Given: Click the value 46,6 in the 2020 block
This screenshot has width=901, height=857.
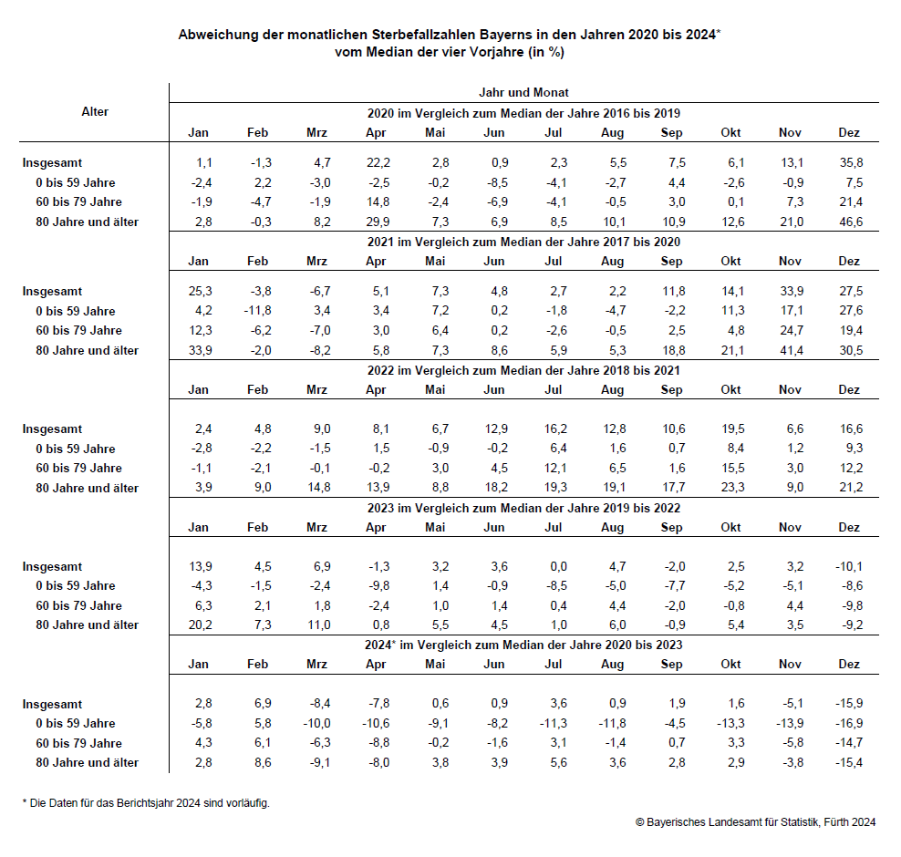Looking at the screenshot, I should coord(849,222).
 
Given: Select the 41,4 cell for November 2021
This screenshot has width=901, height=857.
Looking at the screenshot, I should coord(790,350).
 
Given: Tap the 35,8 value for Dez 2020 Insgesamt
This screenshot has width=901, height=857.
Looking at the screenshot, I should coord(849,162).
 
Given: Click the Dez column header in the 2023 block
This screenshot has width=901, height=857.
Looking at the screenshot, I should coord(849,527).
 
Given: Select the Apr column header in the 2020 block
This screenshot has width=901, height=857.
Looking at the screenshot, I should coord(376,132).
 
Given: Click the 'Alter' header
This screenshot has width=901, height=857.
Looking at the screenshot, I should coord(95,111).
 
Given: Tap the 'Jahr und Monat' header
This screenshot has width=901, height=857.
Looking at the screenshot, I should coord(523,92).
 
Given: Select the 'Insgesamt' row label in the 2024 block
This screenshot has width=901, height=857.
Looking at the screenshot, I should coord(52,704).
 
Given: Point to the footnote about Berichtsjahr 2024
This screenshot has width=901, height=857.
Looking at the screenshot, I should coord(146,802).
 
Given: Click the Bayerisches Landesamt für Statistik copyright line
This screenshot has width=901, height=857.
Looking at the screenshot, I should coord(755,821).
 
